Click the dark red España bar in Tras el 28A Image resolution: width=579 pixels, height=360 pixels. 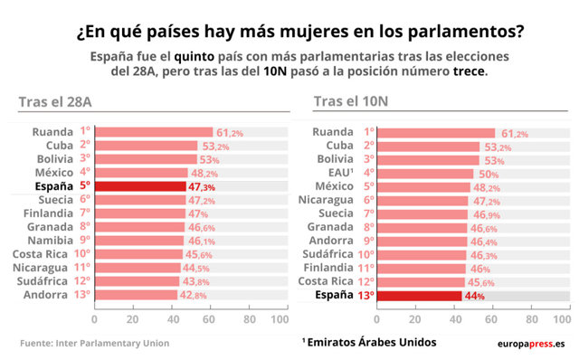(x=139, y=186)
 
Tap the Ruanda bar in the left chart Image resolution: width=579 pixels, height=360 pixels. (x=153, y=132)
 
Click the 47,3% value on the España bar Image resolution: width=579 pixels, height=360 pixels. (x=201, y=186)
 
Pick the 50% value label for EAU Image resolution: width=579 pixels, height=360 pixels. (x=489, y=174)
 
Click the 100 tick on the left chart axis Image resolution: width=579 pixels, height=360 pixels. (x=279, y=319)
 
